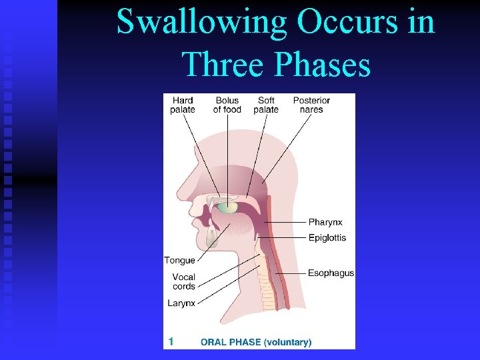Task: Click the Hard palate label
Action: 182,105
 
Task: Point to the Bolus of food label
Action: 227,105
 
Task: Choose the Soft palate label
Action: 266,105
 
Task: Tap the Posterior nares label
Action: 311,105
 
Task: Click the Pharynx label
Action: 325,222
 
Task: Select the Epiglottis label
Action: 327,238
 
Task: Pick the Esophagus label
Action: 331,273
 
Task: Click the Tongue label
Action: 179,261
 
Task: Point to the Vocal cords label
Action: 183,282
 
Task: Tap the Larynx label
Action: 181,303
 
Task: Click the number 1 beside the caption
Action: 171,341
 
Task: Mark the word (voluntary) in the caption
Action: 287,343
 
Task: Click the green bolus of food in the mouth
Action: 227,208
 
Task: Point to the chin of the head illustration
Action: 200,254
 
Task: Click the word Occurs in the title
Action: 336,21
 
